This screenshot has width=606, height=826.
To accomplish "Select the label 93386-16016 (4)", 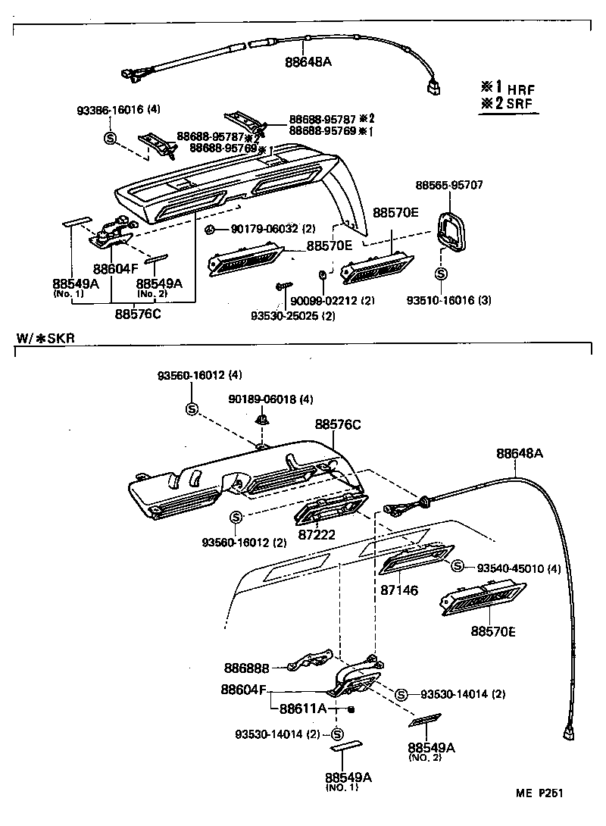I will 118,109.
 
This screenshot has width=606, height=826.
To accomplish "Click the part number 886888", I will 245,668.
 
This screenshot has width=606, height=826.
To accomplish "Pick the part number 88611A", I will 302,709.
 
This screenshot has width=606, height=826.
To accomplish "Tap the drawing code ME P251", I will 539,793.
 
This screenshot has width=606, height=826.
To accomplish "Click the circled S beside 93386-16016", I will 110,137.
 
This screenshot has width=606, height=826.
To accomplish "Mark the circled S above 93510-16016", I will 441,274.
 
